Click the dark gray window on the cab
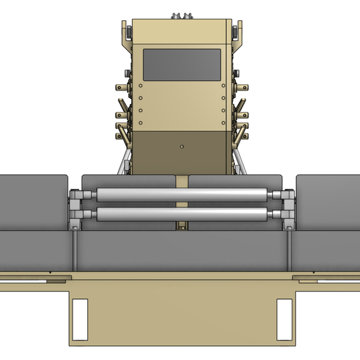(181, 64)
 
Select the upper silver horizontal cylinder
(181, 195)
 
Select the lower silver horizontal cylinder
(181, 214)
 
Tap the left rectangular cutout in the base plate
(80, 316)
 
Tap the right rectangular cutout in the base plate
(284, 316)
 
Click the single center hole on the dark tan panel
(181, 147)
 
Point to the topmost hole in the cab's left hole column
(140, 87)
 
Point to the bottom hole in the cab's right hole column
(223, 123)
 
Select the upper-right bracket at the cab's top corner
(236, 32)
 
